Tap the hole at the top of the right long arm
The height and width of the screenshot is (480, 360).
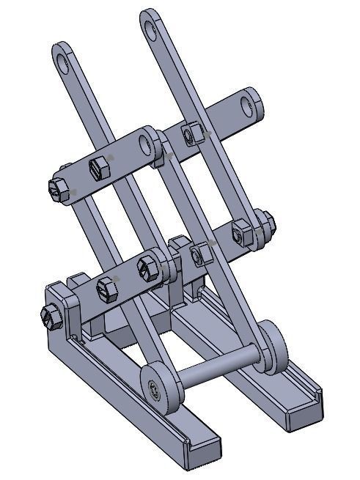tap(152, 29)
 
